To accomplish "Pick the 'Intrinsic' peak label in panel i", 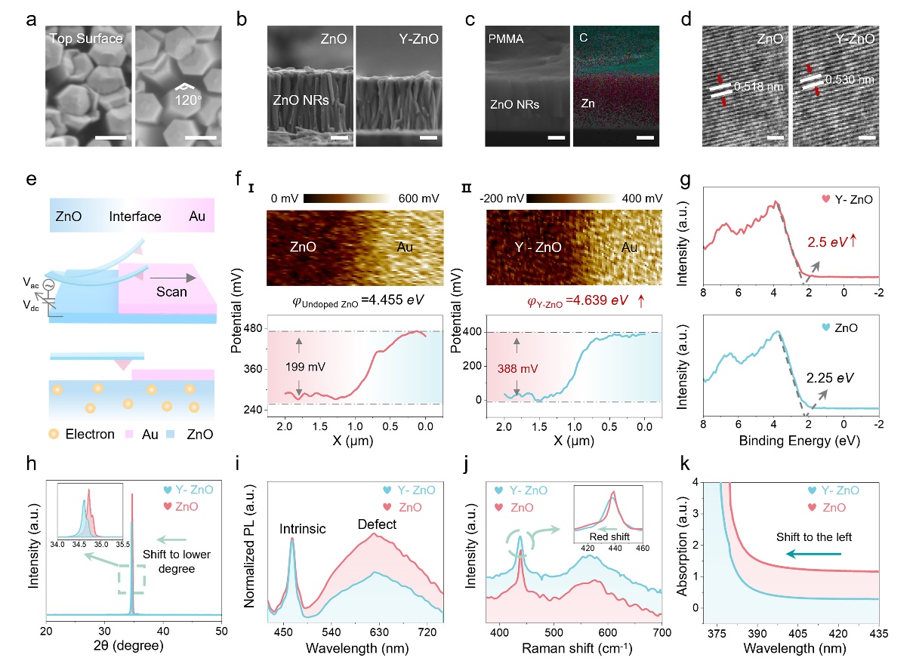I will (x=306, y=530).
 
